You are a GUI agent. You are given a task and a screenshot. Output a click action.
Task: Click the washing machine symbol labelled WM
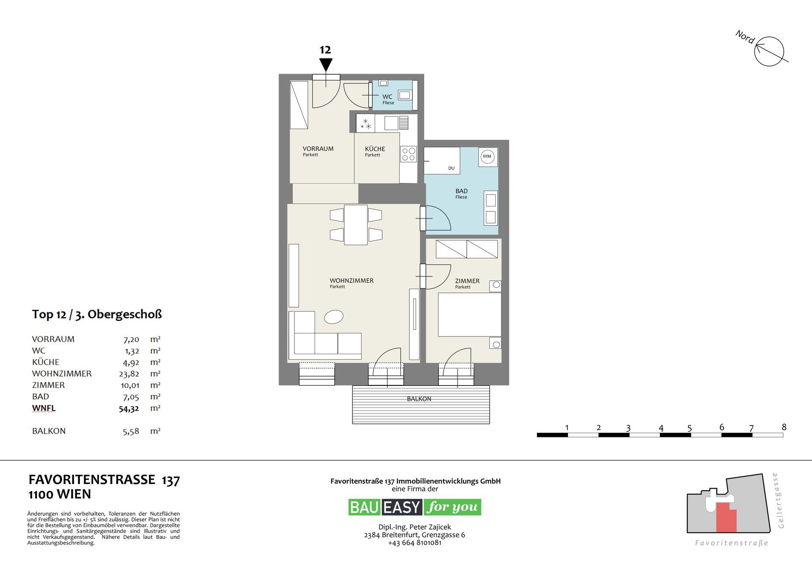[487, 156]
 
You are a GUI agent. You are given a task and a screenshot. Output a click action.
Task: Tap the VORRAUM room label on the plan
[318, 149]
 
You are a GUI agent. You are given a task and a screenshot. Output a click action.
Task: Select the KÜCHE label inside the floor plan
[375, 149]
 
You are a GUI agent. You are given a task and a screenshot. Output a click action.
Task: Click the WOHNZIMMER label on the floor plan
[351, 281]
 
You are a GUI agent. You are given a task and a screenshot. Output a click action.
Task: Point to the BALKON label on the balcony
[419, 399]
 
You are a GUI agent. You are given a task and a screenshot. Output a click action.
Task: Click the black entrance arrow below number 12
[326, 65]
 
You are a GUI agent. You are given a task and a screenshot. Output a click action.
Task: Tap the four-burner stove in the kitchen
[409, 154]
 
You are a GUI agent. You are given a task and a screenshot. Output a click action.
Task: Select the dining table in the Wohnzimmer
[356, 225]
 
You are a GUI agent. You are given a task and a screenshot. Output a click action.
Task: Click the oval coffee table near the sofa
[334, 317]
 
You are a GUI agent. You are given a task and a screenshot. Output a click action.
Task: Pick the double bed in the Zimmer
[469, 314]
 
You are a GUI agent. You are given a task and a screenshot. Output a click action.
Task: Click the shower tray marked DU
[442, 161]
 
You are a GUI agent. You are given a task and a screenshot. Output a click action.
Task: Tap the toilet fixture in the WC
[405, 95]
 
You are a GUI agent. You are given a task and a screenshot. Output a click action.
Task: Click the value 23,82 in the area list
[129, 374]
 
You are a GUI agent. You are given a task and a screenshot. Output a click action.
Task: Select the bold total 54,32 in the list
[129, 409]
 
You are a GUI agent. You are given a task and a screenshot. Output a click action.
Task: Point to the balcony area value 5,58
[131, 432]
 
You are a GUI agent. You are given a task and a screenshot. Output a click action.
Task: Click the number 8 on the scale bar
[784, 427]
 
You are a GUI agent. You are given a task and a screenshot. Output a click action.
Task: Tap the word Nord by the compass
[745, 37]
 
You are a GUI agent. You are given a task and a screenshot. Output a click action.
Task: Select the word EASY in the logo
[402, 507]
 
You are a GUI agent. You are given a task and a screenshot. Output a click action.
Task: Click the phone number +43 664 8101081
[414, 543]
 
